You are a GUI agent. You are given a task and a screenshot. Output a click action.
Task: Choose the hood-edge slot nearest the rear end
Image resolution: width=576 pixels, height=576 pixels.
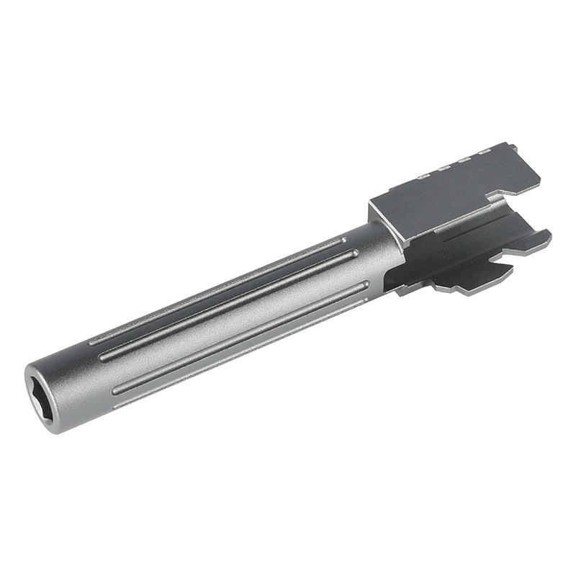coord(485,152)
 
